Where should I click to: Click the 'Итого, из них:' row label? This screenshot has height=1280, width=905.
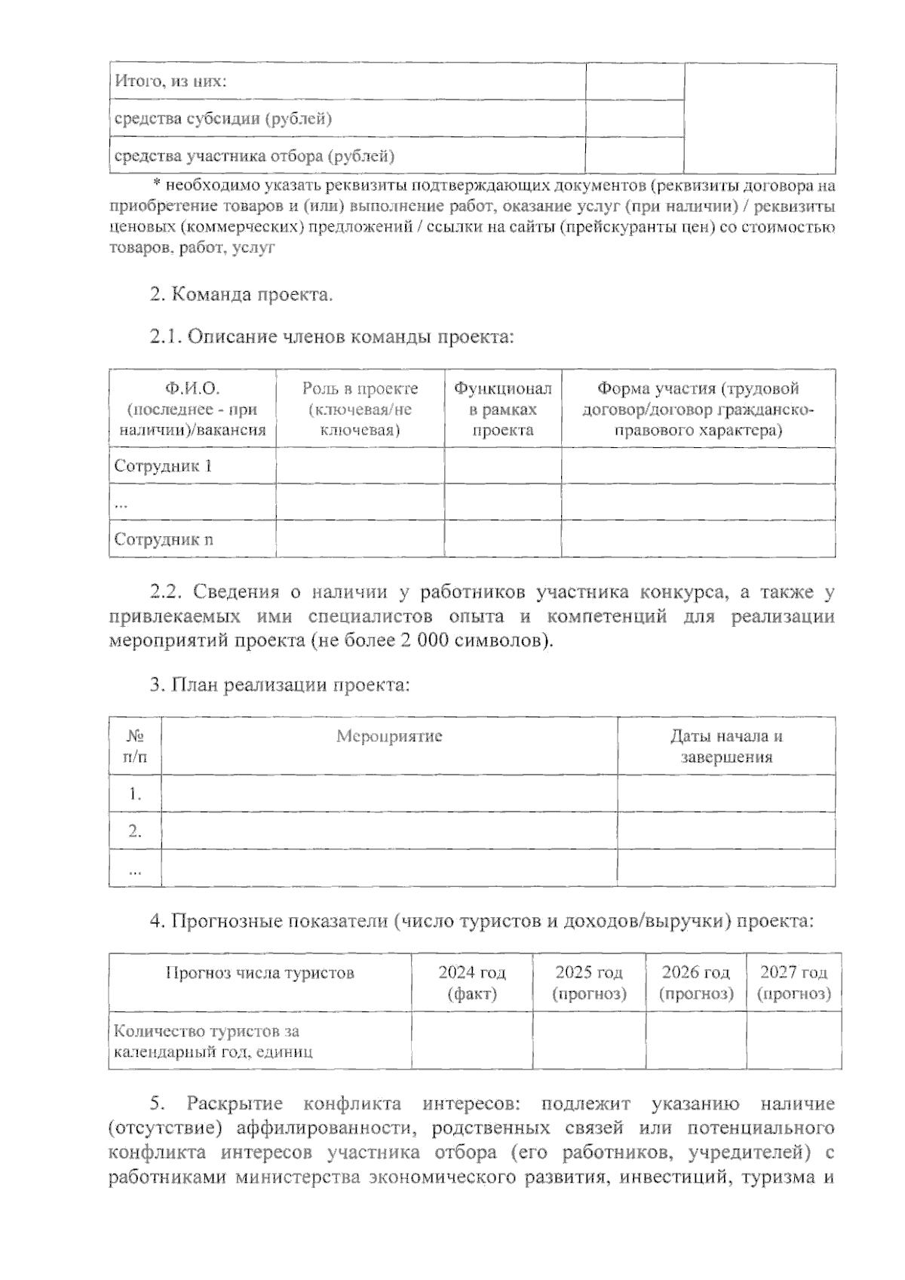pos(170,81)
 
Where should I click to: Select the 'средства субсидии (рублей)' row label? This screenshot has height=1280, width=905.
pos(222,118)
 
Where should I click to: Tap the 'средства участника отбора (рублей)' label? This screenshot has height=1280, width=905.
pos(253,156)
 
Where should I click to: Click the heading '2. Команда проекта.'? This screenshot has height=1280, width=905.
pos(241,294)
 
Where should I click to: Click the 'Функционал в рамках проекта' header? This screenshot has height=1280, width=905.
pos(502,409)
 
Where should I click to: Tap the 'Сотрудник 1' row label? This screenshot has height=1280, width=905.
pos(163,465)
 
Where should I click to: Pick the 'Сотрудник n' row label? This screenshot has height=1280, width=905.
pos(163,539)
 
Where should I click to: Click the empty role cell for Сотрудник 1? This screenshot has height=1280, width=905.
pos(360,465)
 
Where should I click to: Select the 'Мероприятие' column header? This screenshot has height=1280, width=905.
pos(389,736)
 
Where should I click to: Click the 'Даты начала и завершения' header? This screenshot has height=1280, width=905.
pos(726,746)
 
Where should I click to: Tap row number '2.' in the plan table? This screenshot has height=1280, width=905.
pos(135,831)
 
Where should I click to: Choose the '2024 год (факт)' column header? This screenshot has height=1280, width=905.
pos(472,983)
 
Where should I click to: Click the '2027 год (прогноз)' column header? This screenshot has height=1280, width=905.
pos(793,983)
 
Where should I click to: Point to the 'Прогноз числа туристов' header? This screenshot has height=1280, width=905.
pos(259,973)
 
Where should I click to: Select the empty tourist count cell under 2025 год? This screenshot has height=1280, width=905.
pos(589,1040)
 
